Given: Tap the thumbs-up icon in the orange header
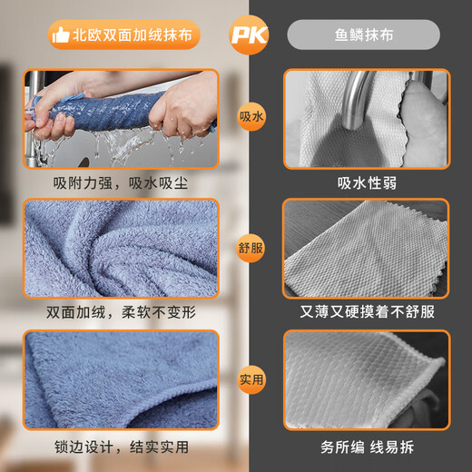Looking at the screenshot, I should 61,34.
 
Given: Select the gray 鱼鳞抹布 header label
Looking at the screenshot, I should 363,34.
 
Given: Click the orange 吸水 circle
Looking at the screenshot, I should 251,118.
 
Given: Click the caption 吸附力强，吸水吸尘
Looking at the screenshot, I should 120,182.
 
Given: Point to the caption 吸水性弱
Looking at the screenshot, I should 367,182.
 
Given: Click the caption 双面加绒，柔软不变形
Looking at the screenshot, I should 120,311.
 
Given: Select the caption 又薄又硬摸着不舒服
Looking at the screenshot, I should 367,311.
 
